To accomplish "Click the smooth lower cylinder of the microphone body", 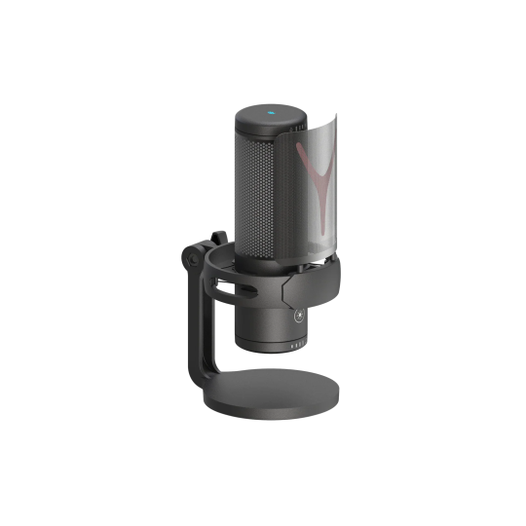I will (x=263, y=321).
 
